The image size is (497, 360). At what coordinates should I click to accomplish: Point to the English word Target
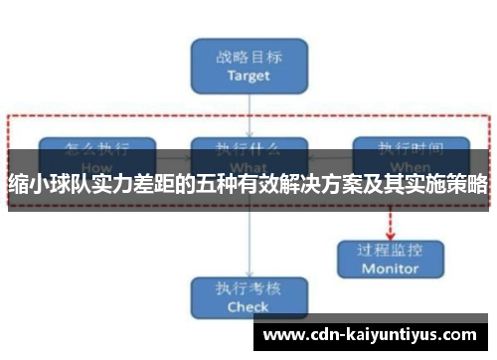coord(248,75)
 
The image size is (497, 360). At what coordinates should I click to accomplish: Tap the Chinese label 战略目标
coord(248,56)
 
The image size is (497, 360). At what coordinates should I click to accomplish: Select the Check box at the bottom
coord(248,297)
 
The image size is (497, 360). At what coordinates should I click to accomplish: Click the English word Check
coord(248,307)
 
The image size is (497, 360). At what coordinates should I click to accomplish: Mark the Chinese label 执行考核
coord(248,288)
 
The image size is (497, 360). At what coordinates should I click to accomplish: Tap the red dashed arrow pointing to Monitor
coord(390,222)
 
